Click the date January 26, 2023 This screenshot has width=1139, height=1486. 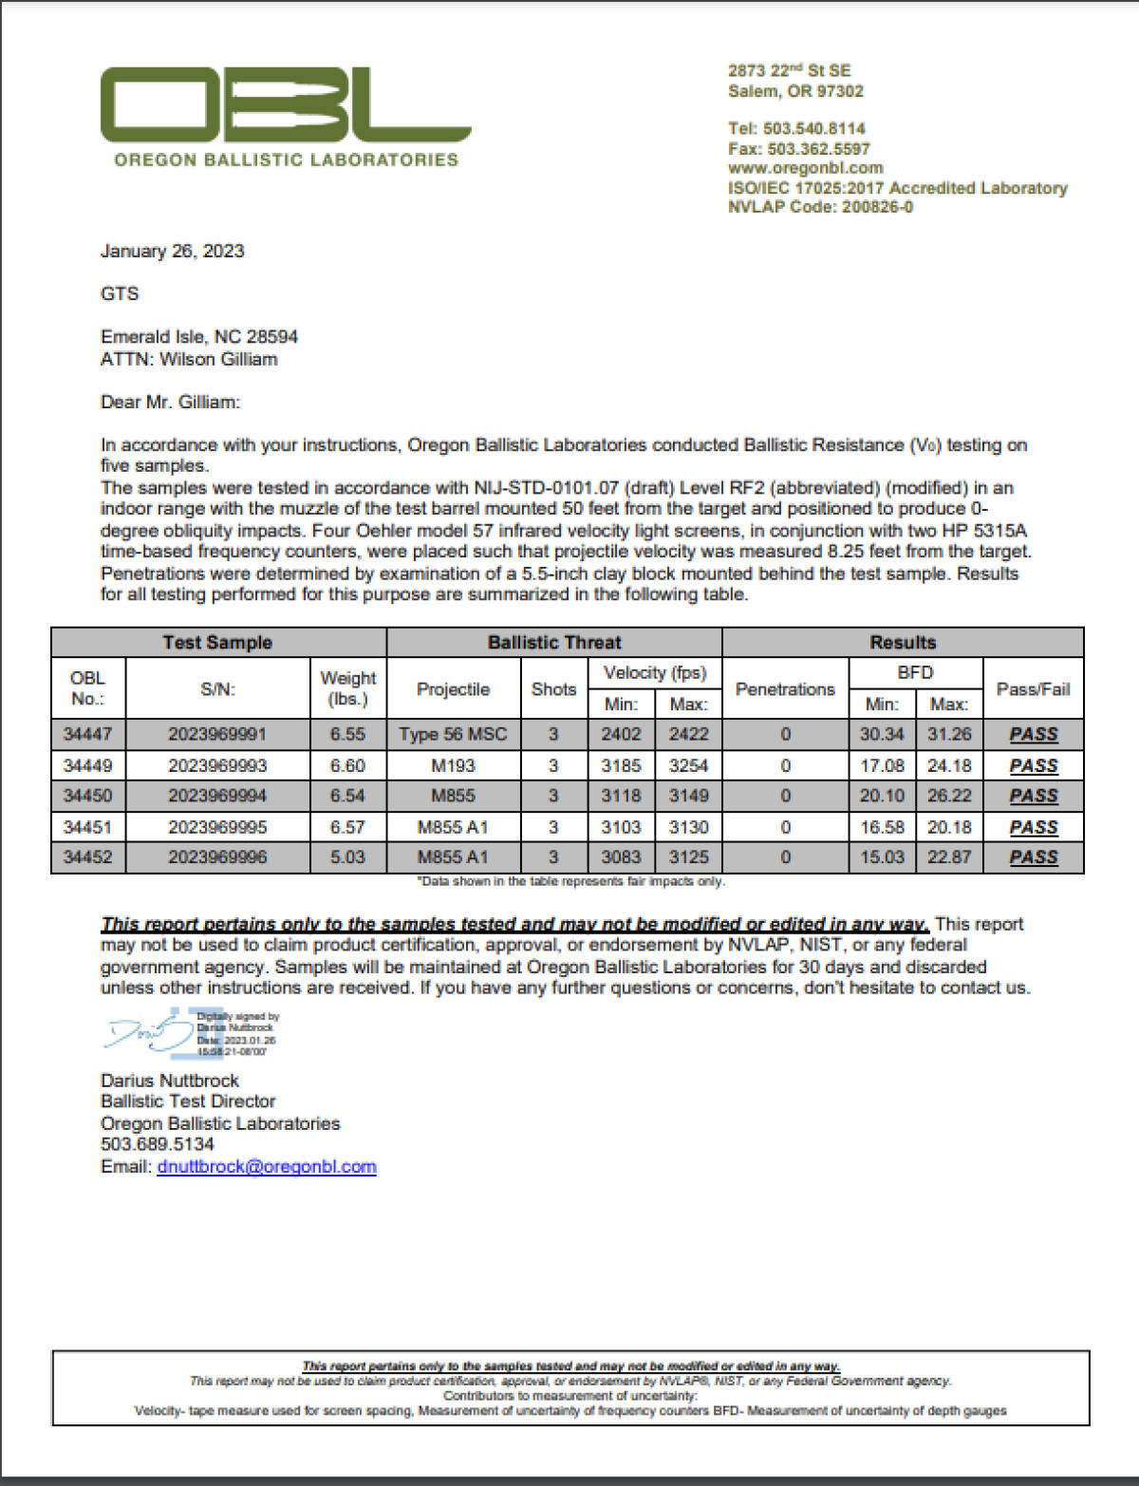tap(172, 251)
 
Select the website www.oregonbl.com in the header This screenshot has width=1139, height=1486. tap(805, 168)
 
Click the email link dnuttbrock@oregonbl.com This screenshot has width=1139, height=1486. tap(267, 1166)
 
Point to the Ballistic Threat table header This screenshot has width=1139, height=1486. tap(554, 643)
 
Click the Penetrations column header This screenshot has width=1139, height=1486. tap(785, 689)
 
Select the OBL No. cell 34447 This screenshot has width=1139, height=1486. tap(87, 734)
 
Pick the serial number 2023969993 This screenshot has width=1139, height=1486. tap(217, 765)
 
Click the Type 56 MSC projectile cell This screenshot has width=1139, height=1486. tap(453, 734)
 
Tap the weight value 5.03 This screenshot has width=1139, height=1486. tap(347, 856)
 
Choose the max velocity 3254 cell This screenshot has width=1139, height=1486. tap(688, 765)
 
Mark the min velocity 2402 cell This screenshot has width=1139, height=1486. tap(621, 734)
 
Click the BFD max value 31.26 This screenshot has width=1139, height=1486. tap(949, 734)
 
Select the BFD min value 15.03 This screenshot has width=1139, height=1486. tap(882, 856)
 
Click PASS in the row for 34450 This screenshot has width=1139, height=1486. tap(1034, 796)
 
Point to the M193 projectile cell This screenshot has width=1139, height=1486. tap(453, 765)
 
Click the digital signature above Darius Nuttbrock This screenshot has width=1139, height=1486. tap(190, 1033)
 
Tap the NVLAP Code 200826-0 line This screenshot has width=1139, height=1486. tap(820, 207)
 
